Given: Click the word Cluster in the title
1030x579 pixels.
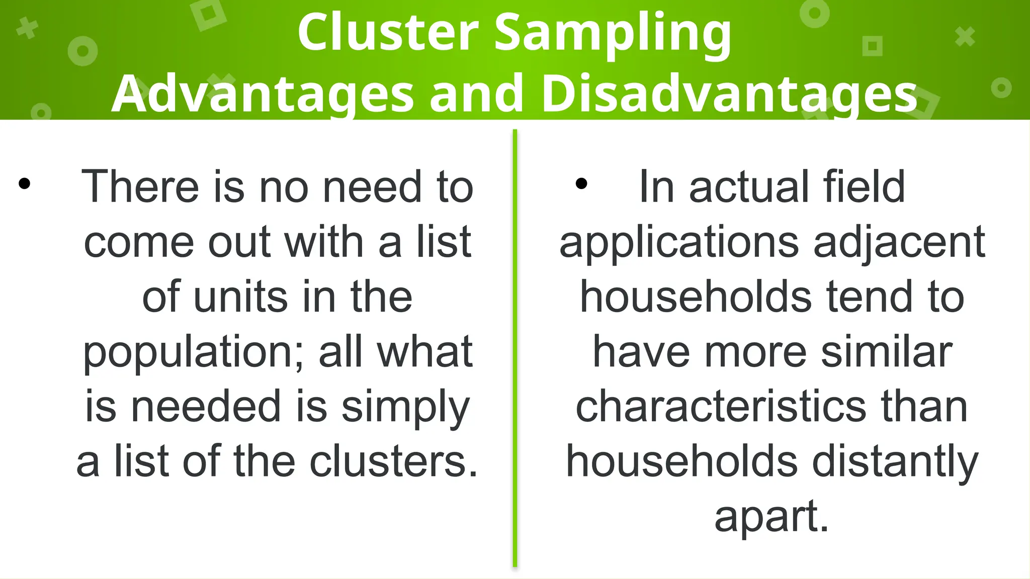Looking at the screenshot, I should click(387, 33).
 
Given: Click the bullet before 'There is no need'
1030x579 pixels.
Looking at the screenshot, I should click(25, 184).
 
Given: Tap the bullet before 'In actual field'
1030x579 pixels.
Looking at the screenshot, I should click(581, 184).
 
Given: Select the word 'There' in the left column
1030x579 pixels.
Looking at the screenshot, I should click(140, 187).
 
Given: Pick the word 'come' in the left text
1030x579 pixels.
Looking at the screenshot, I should click(139, 243).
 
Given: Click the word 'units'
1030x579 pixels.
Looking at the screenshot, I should click(240, 297).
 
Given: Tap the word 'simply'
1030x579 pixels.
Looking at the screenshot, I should click(405, 408).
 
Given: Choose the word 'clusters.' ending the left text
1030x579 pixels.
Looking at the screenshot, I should click(393, 462).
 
